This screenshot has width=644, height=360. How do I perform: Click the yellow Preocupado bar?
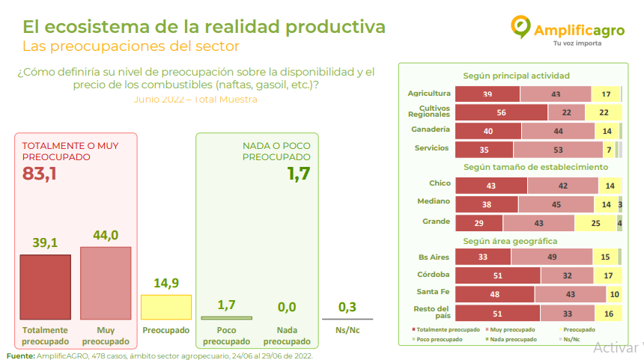tap(166, 307)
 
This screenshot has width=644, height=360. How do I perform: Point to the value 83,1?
tap(40, 174)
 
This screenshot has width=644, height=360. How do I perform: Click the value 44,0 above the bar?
tap(106, 235)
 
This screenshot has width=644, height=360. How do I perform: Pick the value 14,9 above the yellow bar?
tap(166, 283)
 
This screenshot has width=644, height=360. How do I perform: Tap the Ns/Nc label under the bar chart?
tap(347, 330)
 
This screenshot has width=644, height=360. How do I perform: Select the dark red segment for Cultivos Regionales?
tap(501, 112)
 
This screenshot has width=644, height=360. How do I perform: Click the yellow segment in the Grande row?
tap(595, 223)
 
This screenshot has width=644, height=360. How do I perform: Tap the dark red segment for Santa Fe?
tap(495, 294)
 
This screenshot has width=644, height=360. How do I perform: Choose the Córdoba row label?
tap(434, 274)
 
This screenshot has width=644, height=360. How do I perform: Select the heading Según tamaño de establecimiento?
tap(535, 166)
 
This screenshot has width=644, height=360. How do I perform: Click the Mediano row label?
tap(434, 201)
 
